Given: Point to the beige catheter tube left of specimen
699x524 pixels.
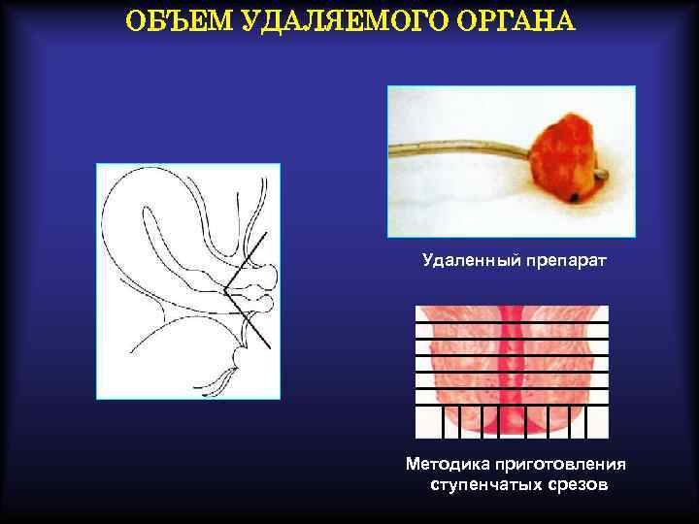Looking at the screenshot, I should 456,151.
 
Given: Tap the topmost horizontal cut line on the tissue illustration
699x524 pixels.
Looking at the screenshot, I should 512,321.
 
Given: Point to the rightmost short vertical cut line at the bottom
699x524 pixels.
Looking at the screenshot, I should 585,421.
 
